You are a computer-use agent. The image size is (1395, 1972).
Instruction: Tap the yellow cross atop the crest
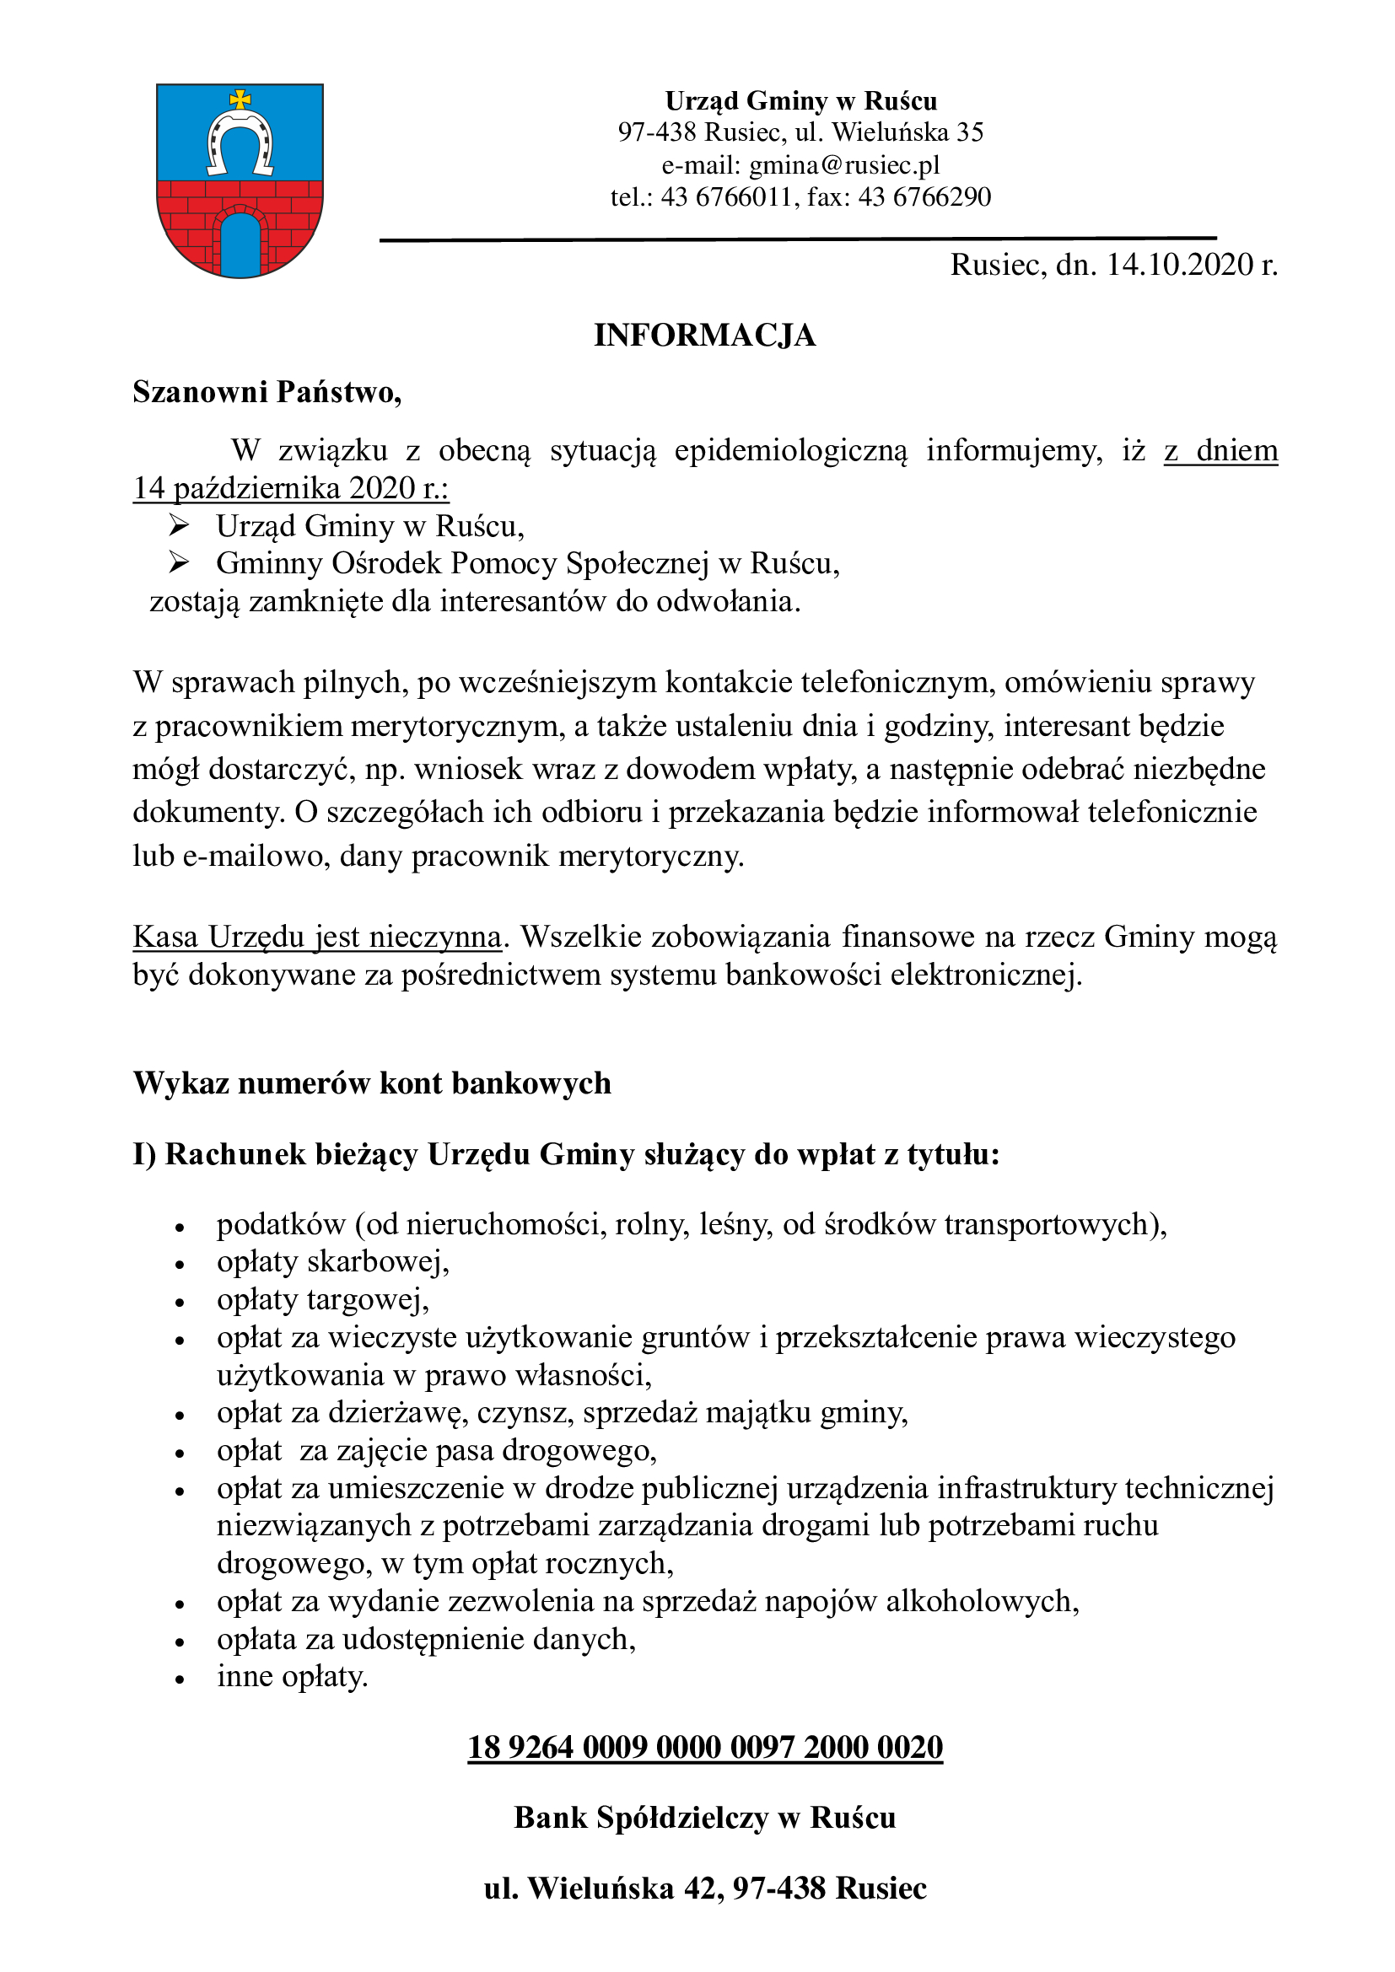(240, 99)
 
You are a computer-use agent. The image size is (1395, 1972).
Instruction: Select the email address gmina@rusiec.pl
(843, 164)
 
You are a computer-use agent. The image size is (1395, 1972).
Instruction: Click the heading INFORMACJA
(704, 335)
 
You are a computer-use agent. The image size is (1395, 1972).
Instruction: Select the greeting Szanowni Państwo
(267, 392)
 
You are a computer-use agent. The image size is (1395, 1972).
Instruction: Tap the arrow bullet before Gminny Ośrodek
(179, 562)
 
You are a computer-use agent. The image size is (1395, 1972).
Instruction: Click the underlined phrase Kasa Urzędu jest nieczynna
(317, 935)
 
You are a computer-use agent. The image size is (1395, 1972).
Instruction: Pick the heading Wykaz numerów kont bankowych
(372, 1083)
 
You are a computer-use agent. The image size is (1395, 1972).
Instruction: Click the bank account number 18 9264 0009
(704, 1747)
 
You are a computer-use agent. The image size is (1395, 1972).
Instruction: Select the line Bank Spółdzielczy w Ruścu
(704, 1818)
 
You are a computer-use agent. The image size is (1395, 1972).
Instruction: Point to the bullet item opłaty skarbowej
(332, 1262)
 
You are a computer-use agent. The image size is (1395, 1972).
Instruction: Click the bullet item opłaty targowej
(322, 1299)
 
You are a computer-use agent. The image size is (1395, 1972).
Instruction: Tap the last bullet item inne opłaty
(292, 1676)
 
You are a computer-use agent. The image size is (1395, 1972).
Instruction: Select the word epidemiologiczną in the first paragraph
(790, 450)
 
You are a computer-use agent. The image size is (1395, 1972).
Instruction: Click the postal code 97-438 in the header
(657, 132)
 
